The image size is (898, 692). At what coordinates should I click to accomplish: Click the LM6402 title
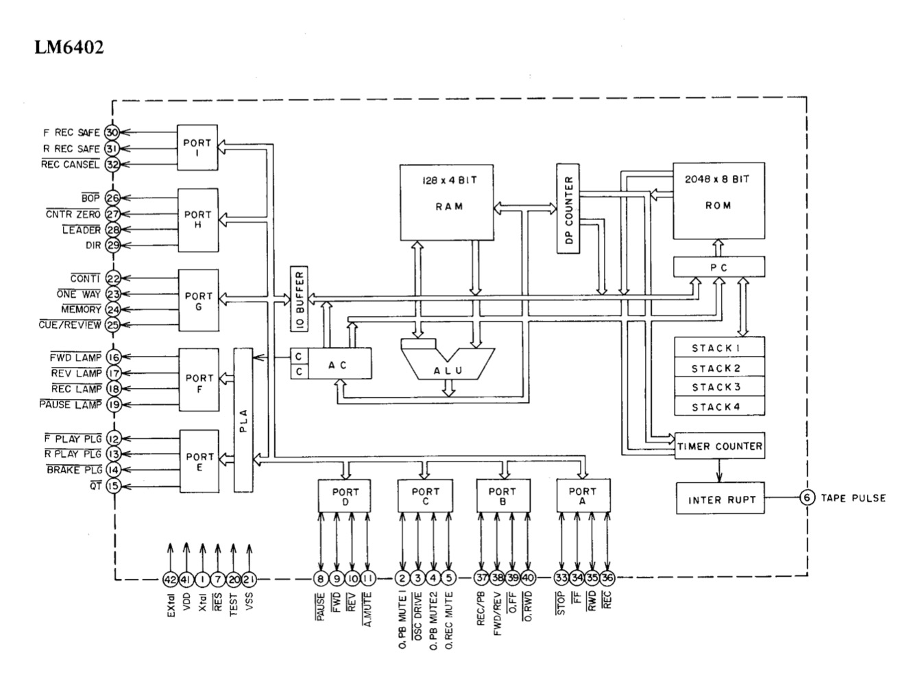pyautogui.click(x=69, y=48)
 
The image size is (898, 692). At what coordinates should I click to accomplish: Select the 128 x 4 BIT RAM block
pyautogui.click(x=447, y=202)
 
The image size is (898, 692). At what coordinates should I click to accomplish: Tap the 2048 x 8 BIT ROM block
pyautogui.click(x=718, y=200)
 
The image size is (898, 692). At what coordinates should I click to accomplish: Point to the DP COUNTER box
pyautogui.click(x=568, y=209)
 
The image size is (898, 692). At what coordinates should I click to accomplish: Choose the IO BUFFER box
pyautogui.click(x=300, y=299)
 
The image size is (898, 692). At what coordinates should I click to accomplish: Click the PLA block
pyautogui.click(x=243, y=420)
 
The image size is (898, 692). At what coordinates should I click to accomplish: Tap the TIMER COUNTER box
pyautogui.click(x=719, y=446)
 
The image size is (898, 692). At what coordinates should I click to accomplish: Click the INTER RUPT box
pyautogui.click(x=720, y=499)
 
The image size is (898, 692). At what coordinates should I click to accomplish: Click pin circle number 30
pyautogui.click(x=112, y=133)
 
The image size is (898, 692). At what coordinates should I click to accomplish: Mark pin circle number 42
pyautogui.click(x=170, y=580)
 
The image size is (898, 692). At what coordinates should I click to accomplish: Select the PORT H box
pyautogui.click(x=197, y=219)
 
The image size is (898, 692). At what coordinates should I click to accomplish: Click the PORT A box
pyautogui.click(x=582, y=495)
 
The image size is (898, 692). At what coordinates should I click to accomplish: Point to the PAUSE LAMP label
pyautogui.click(x=71, y=405)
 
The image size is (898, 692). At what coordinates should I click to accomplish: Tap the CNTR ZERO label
pyautogui.click(x=74, y=215)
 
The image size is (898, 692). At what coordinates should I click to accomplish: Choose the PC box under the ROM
pyautogui.click(x=718, y=267)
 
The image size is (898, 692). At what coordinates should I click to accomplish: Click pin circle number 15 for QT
pyautogui.click(x=113, y=486)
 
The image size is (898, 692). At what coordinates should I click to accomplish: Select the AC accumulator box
pyautogui.click(x=339, y=364)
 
